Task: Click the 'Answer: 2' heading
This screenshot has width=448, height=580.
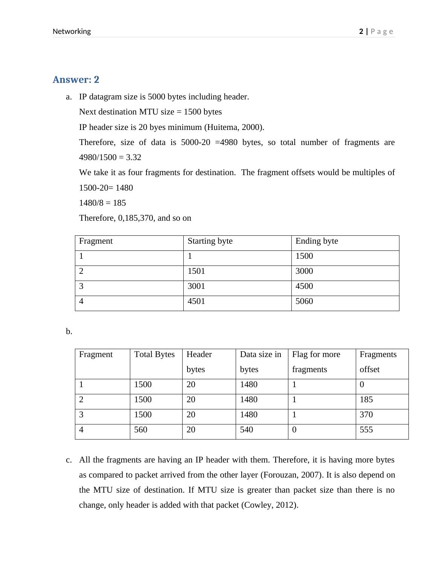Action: pyautogui.click(x=76, y=80)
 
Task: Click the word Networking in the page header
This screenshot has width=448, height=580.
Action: pyautogui.click(x=72, y=32)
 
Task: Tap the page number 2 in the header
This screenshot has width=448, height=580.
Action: pyautogui.click(x=361, y=32)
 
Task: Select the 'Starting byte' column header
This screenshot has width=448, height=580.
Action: pyautogui.click(x=210, y=241)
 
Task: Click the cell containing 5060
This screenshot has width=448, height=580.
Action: pyautogui.click(x=304, y=301)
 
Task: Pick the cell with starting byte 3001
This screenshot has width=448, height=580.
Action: pyautogui.click(x=196, y=286)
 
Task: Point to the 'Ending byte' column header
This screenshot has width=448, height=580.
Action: pyautogui.click(x=317, y=241)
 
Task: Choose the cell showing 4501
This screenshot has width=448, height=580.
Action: pyautogui.click(x=196, y=301)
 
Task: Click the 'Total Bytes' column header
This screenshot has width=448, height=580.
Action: pyautogui.click(x=154, y=354)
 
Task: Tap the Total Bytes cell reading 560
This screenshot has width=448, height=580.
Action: pyautogui.click(x=141, y=430)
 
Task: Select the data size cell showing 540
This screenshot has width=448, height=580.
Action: pyautogui.click(x=247, y=430)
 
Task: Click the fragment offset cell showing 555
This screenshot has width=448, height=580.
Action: pyautogui.click(x=366, y=430)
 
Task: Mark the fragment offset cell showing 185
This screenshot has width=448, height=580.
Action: pyautogui.click(x=366, y=400)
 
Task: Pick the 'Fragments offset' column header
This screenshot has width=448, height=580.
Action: pyautogui.click(x=378, y=362)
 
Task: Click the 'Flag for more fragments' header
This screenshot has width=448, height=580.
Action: pyautogui.click(x=316, y=362)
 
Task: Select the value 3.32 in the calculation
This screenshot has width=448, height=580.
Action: pyautogui.click(x=134, y=157)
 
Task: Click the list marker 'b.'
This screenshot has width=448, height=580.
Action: pyautogui.click(x=69, y=331)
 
